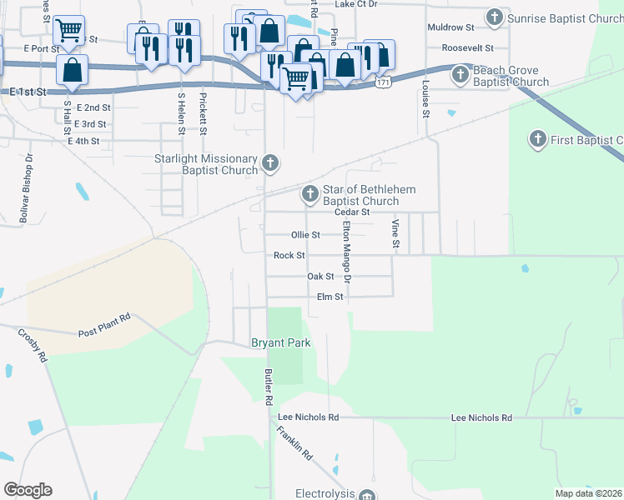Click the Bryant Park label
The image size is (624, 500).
tap(281, 342)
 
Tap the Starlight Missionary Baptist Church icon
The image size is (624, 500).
tap(269, 162)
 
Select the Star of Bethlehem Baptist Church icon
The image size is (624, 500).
tap(310, 195)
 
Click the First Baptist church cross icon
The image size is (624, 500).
tap(539, 139)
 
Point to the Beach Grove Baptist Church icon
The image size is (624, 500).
tap(460, 76)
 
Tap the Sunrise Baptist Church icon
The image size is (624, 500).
tap(495, 17)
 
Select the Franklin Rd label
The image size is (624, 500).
tap(295, 444)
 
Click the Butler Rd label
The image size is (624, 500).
tap(269, 387)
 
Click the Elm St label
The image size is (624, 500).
tap(330, 297)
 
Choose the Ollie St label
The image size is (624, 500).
tap(305, 235)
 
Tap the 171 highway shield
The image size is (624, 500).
tap(382, 83)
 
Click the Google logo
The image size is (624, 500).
tap(28, 490)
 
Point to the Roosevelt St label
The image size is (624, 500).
tap(468, 48)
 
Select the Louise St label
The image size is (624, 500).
tap(425, 100)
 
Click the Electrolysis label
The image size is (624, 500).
tap(325, 493)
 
